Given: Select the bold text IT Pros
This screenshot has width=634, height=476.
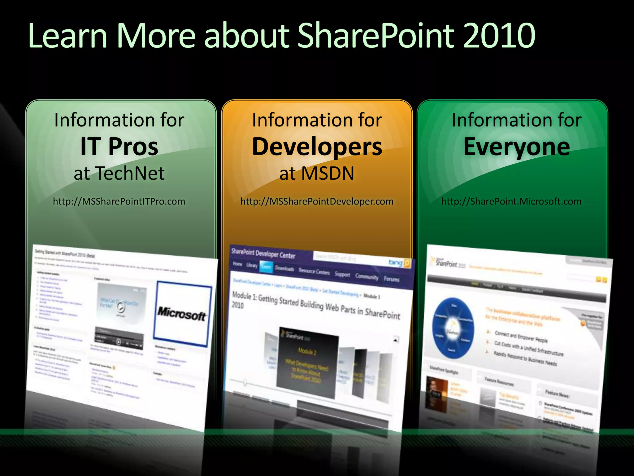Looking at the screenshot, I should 119,147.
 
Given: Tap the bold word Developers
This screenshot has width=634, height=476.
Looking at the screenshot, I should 317,147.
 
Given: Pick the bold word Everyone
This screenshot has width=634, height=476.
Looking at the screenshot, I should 516,147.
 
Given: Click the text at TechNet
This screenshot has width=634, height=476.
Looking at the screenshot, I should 119,173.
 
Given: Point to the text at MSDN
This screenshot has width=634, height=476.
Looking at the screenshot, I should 317,173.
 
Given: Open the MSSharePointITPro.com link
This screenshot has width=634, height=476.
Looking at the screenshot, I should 119,201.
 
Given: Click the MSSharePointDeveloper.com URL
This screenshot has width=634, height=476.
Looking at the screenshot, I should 317,201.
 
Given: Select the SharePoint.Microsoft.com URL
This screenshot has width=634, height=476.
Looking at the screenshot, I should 511,201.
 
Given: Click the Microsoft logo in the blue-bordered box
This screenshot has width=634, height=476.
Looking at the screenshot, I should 182,314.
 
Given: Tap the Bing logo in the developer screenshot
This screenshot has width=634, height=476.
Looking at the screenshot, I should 396,263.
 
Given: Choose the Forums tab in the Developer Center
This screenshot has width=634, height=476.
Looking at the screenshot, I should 392,279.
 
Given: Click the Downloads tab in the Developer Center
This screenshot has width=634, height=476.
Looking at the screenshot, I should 284,268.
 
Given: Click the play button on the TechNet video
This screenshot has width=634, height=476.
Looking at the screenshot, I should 120,307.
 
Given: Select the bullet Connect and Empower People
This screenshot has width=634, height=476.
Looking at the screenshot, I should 521,337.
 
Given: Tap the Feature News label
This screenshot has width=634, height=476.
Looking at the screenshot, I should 557,394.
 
